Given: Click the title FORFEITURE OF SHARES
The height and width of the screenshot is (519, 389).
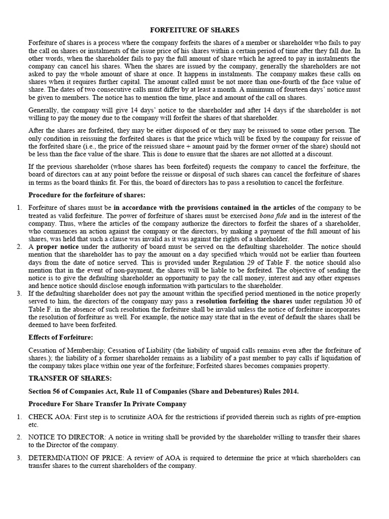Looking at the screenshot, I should [194, 30].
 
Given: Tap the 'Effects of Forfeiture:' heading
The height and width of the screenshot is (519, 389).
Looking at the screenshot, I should [61, 337].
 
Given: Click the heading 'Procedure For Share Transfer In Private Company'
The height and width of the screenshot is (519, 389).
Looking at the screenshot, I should [107, 404].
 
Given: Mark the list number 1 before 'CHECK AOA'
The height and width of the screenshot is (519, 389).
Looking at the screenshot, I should [19, 417].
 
